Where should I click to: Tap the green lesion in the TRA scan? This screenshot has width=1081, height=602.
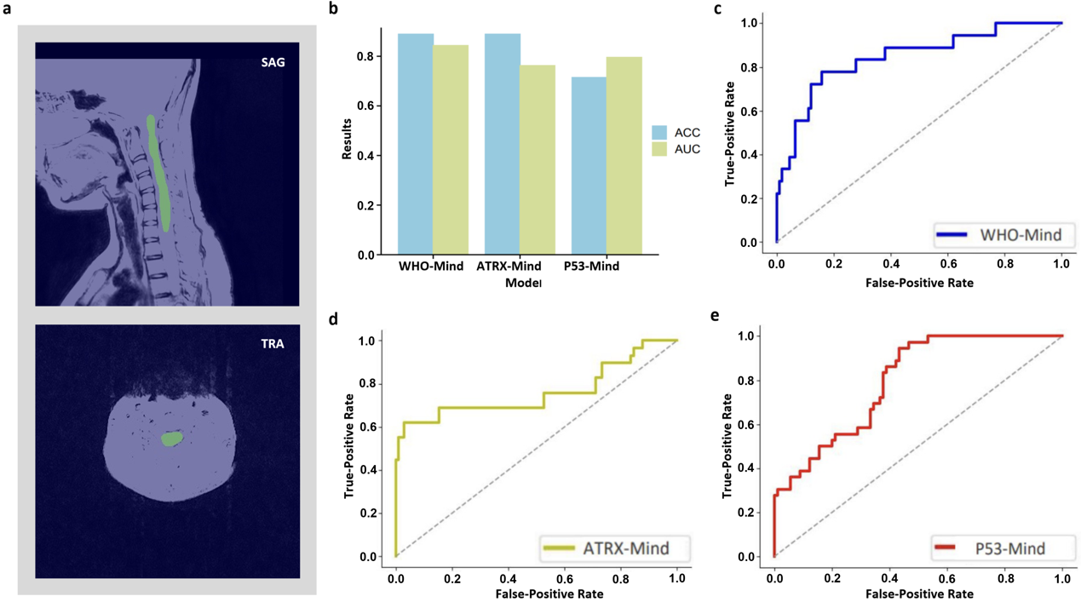pyautogui.click(x=172, y=439)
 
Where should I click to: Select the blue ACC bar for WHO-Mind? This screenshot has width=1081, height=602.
pyautogui.click(x=417, y=144)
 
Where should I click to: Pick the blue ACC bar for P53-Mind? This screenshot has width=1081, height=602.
pyautogui.click(x=589, y=165)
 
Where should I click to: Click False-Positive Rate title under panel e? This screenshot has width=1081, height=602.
pyautogui.click(x=919, y=593)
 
